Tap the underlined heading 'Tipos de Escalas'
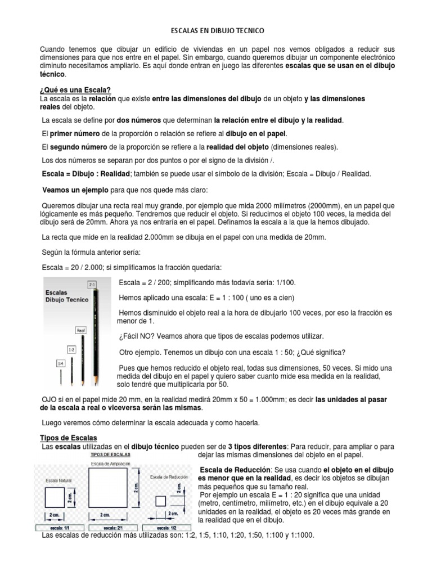(x=69, y=438)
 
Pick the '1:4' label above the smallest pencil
(x=60, y=364)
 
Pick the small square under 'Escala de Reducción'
(x=160, y=502)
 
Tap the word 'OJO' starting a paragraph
(x=51, y=398)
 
